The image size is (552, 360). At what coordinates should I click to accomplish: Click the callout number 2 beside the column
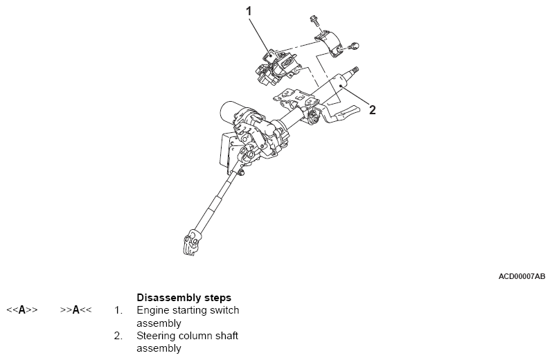[372, 109]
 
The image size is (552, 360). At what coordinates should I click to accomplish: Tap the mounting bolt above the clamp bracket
[314, 21]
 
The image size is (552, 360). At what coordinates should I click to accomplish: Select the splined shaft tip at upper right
[355, 71]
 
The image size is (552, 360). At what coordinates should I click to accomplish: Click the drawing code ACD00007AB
[522, 276]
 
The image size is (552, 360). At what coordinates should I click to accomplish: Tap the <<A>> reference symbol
[21, 310]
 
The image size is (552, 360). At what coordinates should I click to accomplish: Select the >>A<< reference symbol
[75, 310]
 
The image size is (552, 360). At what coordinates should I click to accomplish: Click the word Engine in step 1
[152, 310]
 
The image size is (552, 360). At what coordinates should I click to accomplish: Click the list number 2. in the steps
[118, 336]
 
